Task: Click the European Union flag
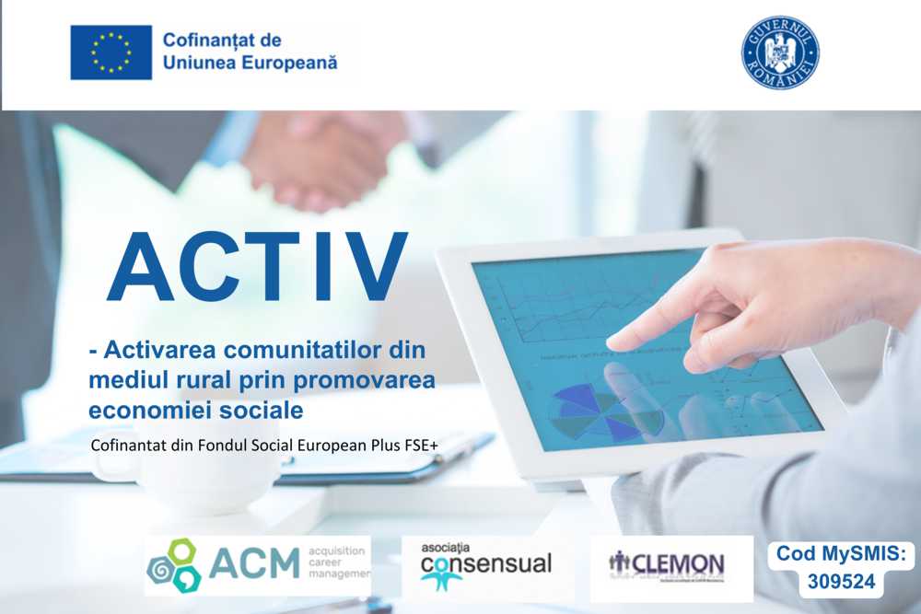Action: [x=111, y=52]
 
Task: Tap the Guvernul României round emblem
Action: [x=780, y=52]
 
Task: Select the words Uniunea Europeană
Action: [x=250, y=63]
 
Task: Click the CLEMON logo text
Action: [x=679, y=562]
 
